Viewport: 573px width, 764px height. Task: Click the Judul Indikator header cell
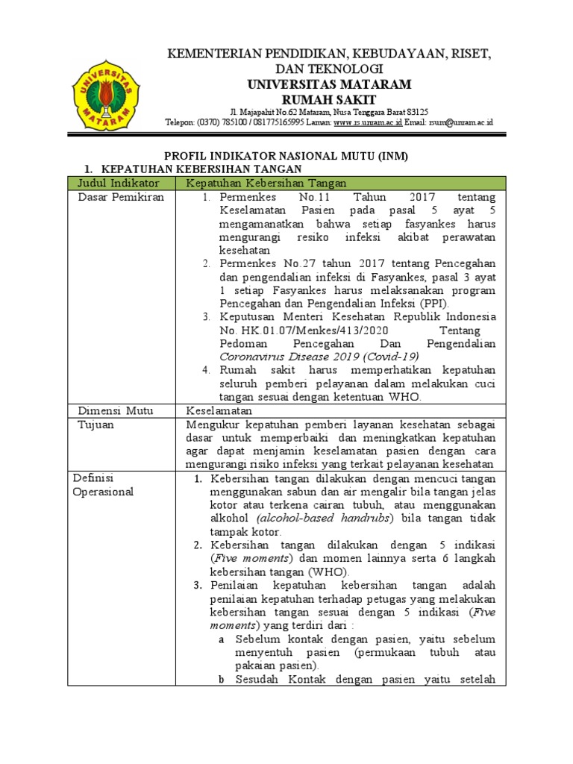(x=115, y=183)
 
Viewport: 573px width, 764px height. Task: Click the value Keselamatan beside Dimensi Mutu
(x=220, y=410)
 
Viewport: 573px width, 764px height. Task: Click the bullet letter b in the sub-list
(x=222, y=680)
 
